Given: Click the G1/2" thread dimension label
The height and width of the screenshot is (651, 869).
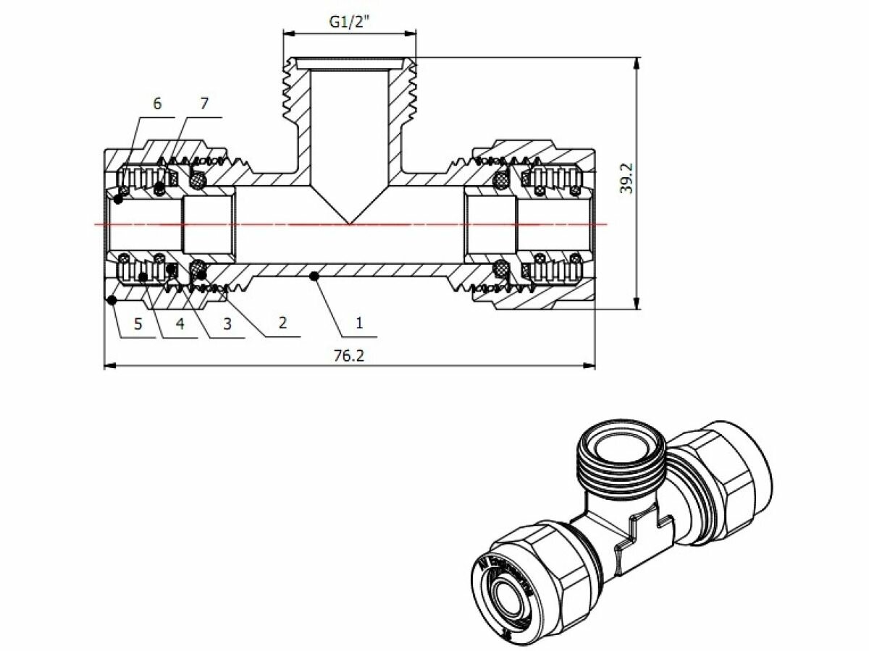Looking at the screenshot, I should [350, 22].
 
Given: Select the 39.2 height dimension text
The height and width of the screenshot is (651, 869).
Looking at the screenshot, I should [627, 177].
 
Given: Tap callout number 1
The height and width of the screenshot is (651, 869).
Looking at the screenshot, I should [358, 323].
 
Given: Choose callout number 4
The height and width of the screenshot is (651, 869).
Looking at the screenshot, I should [180, 323].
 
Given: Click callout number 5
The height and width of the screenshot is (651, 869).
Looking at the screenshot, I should [138, 323].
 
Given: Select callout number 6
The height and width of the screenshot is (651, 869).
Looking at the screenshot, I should [157, 103].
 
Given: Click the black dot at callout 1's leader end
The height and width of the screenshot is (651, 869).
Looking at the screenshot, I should [313, 275].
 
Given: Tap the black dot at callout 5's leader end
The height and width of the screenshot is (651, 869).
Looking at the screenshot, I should [111, 299].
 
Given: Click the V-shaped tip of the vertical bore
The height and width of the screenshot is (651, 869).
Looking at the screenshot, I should [349, 221].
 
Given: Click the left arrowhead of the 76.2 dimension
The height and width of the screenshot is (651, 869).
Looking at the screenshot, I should [107, 366].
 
